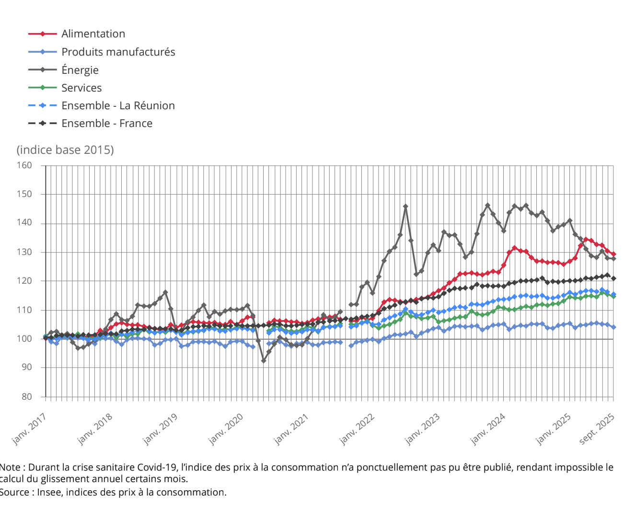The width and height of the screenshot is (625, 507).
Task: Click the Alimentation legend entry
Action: tap(93, 34)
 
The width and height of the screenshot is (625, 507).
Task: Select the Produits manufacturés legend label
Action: tap(118, 52)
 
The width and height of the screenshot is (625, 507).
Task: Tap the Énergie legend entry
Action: tap(80, 70)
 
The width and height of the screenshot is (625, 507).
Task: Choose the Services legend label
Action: tap(81, 88)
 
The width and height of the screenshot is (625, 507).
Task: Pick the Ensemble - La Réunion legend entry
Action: tap(118, 105)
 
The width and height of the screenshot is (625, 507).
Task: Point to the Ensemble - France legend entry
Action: tap(107, 123)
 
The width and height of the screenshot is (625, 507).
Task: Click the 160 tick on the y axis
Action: tap(24, 165)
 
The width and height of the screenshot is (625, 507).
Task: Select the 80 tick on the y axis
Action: tap(26, 397)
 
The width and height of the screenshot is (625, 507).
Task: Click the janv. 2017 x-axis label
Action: tap(30, 428)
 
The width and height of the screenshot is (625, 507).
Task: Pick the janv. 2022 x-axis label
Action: tap(358, 428)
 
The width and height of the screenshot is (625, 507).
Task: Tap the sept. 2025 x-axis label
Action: tap(597, 428)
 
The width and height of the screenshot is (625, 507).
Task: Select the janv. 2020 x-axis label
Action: tap(226, 428)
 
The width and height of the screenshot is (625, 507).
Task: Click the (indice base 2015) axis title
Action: tap(65, 150)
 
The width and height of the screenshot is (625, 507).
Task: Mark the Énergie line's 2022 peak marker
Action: tap(405, 207)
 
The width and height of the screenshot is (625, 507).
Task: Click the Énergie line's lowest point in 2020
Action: tap(263, 360)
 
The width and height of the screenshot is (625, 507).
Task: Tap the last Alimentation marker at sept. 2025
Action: tap(613, 254)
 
